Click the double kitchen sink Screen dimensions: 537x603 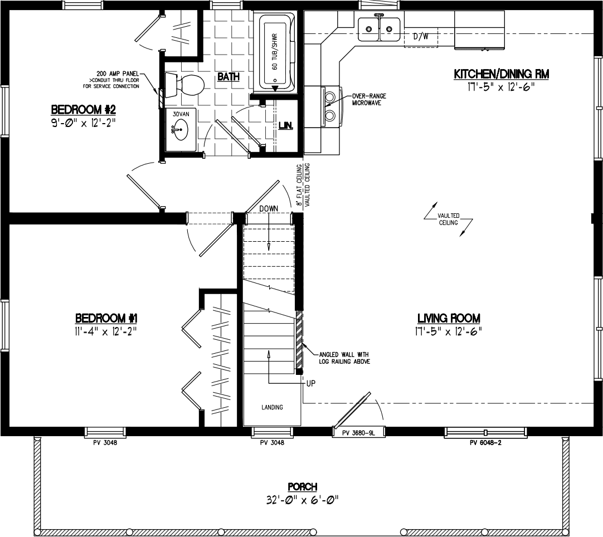click(x=380, y=26)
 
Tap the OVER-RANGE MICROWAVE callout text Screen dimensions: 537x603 click(x=368, y=99)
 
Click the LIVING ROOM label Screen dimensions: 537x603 click(x=449, y=318)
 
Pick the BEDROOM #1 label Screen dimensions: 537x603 click(x=106, y=318)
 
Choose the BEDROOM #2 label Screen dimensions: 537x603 click(x=83, y=108)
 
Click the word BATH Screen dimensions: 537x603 click(x=228, y=77)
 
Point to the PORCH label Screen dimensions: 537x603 click(x=302, y=487)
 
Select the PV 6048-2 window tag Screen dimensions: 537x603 click(x=486, y=443)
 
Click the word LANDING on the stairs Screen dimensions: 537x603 click(x=272, y=407)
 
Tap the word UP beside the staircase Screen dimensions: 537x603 click(x=311, y=383)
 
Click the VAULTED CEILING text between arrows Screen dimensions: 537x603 click(x=448, y=219)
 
